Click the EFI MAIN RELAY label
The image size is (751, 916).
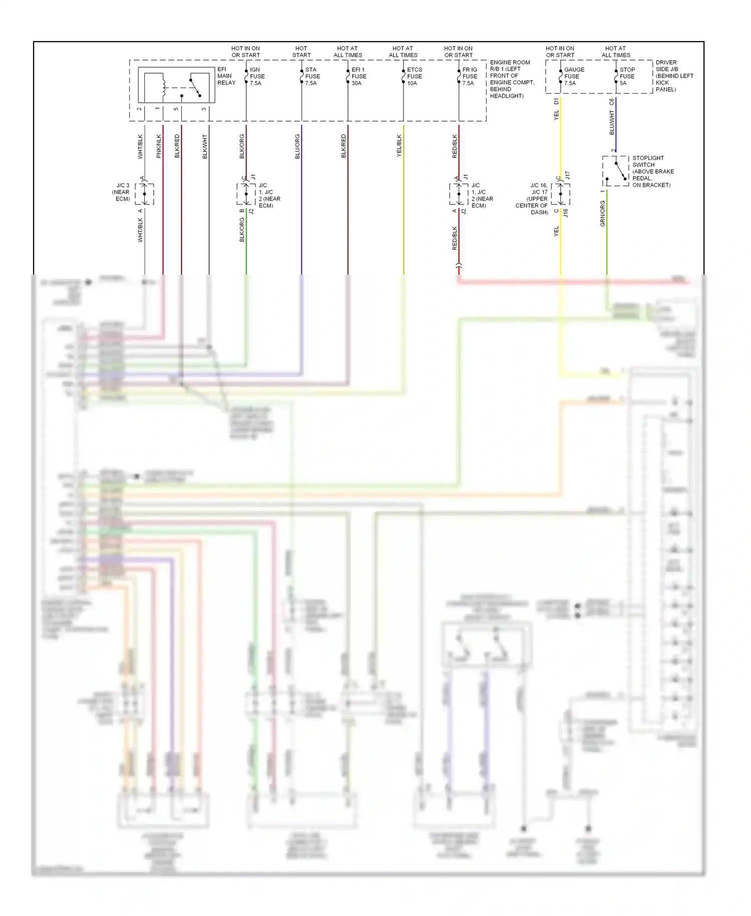coord(226,76)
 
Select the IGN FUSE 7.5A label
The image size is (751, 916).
coord(257,77)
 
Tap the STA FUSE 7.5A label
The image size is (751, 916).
coord(312,77)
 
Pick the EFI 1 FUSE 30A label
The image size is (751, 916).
coord(358,77)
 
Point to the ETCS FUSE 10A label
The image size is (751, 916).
coord(414,77)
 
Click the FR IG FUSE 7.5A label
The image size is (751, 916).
coord(469,77)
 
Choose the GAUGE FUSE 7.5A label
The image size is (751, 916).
coord(574,77)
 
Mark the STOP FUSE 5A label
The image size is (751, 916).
coord(627,77)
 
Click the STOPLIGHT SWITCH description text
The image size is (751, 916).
coord(652,171)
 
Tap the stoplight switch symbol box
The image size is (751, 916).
coord(615,171)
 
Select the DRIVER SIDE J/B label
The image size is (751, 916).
coord(673,76)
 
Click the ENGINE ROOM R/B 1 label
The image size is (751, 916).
coord(512,79)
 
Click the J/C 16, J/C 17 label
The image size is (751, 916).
coord(533,199)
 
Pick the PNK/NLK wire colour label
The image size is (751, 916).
coord(159,146)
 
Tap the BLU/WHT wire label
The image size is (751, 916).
coord(612,122)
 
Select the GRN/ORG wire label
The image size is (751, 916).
coord(602,214)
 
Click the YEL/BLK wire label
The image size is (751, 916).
coord(399,146)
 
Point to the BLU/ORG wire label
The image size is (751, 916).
coord(297,146)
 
